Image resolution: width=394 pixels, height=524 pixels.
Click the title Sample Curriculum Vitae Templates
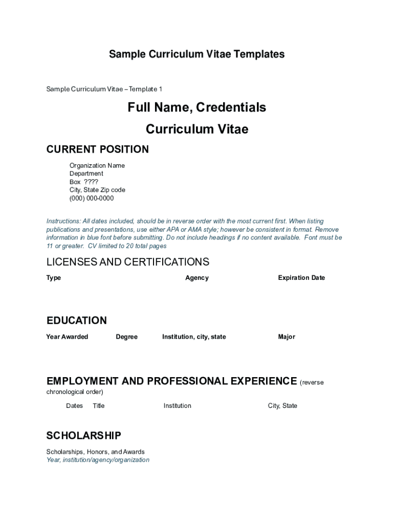[196, 54]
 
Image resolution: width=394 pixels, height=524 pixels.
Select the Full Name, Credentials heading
[196, 107]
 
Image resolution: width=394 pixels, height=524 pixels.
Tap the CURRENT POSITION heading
[98, 149]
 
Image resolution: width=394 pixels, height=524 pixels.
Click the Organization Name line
[97, 165]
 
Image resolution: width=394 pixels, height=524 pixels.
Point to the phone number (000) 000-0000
[92, 198]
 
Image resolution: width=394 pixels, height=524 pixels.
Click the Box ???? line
[84, 182]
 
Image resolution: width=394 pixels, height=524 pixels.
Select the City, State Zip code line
[97, 190]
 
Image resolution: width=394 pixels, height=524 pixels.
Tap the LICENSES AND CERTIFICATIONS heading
[128, 262]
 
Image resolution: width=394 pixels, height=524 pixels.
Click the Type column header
[54, 278]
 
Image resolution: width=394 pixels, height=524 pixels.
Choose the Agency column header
[197, 278]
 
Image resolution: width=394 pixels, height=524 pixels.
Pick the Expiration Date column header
[301, 278]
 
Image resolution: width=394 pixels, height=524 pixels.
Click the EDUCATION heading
[77, 321]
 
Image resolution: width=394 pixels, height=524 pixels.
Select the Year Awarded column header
[67, 337]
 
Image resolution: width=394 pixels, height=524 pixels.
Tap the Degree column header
[126, 337]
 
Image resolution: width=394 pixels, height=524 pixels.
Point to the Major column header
[287, 337]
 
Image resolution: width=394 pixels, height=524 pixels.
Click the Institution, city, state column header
[194, 337]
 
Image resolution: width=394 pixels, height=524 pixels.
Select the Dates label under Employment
[74, 406]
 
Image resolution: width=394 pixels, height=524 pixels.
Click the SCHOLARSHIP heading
[84, 435]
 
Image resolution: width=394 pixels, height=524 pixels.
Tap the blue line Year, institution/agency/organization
[98, 460]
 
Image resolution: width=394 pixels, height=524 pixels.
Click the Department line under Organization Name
[86, 173]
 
